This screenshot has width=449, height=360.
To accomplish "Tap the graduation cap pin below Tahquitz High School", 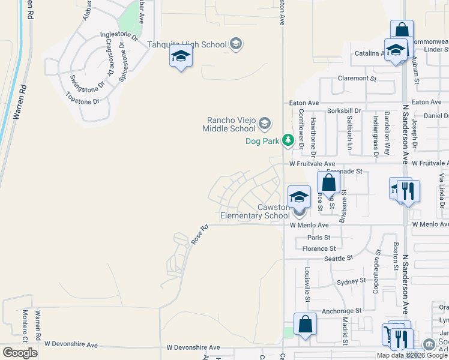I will point(180,58).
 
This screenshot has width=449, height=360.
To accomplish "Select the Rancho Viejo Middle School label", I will point(229,124).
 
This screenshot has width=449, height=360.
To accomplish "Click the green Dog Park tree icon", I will point(289,140).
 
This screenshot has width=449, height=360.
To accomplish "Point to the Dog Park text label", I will point(263,142).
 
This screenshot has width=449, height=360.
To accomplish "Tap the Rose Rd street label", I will point(199,235).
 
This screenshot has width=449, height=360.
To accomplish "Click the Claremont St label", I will point(357,78).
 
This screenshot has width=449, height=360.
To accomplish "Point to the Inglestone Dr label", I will point(119,36).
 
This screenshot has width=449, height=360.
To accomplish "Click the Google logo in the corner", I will point(20,353).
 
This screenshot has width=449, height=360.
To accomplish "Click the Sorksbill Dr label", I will point(344,111).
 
